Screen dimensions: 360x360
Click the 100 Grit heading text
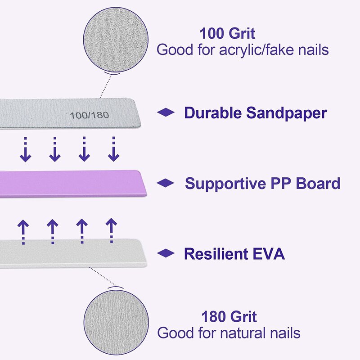click(227, 34)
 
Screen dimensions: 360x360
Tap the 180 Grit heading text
click(229, 316)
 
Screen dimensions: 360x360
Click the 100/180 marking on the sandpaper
click(89, 115)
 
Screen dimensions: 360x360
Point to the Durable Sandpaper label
click(255, 113)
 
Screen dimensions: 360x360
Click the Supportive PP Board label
click(262, 184)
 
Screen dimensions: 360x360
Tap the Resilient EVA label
click(234, 254)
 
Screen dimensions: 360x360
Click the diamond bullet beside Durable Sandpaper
click(166, 113)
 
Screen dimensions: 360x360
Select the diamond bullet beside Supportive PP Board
click(166, 183)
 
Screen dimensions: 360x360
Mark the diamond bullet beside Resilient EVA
click(166, 254)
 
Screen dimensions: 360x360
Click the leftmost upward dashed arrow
click(23, 231)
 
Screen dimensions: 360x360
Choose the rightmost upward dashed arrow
click(111, 230)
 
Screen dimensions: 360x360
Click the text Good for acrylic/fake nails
click(242, 49)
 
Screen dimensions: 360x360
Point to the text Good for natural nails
click(229, 333)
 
